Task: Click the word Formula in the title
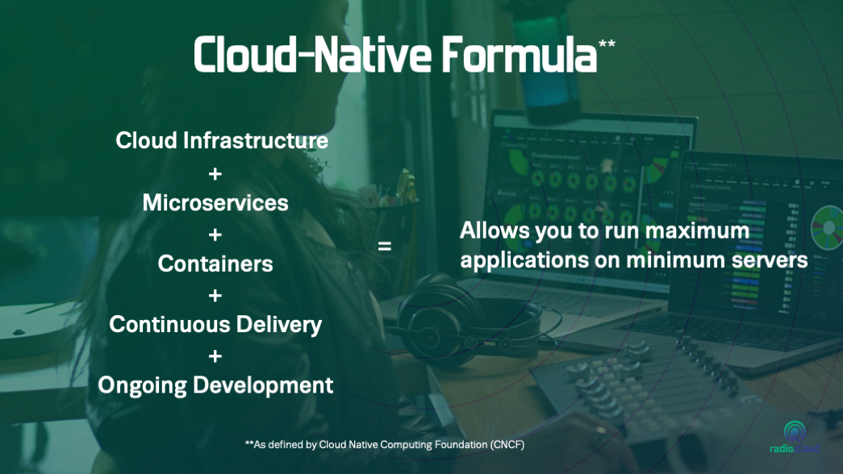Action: pyautogui.click(x=520, y=55)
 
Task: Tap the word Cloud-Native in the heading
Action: pyautogui.click(x=312, y=55)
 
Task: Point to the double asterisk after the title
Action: pyautogui.click(x=607, y=44)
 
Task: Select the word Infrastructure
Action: pyautogui.click(x=256, y=141)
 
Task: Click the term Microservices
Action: pyautogui.click(x=215, y=203)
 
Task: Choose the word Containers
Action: pyautogui.click(x=215, y=264)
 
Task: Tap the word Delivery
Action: pyautogui.click(x=279, y=326)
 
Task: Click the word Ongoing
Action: pyautogui.click(x=143, y=386)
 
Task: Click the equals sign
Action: pyautogui.click(x=385, y=246)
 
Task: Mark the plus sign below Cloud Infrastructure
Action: pyautogui.click(x=215, y=174)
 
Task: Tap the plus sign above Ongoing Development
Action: pyautogui.click(x=215, y=356)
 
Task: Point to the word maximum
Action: pyautogui.click(x=697, y=231)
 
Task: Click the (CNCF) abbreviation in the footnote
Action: pyautogui.click(x=507, y=445)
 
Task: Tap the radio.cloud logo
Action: pyautogui.click(x=795, y=438)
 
